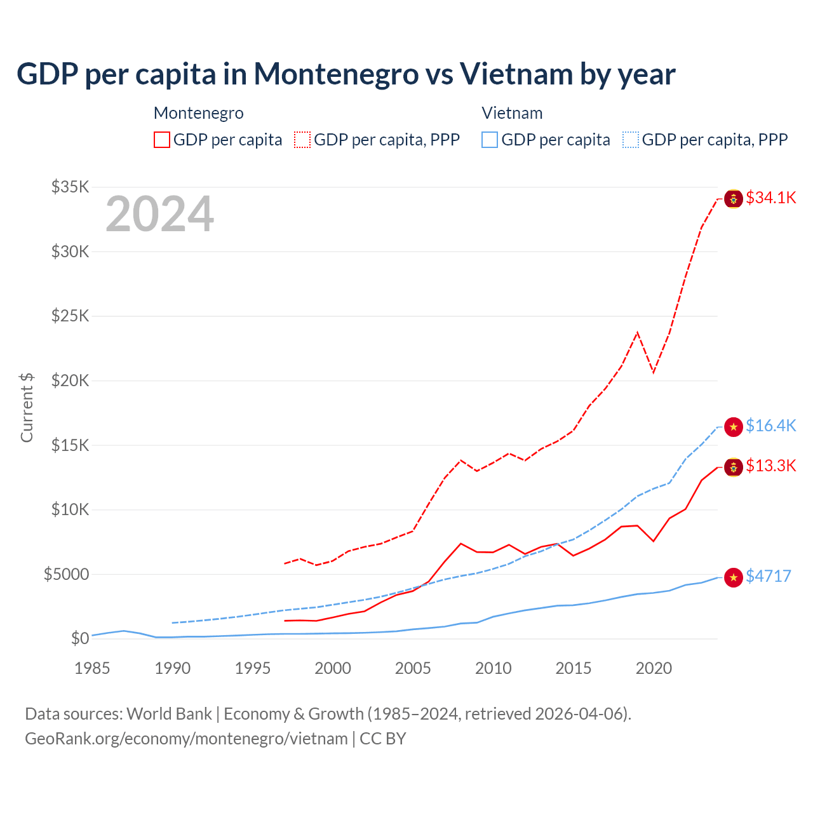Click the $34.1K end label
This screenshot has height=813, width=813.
coord(770,198)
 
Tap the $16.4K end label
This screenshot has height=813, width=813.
coord(770,426)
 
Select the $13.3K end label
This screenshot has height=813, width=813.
coord(770,466)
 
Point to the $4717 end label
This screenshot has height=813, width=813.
coord(768,576)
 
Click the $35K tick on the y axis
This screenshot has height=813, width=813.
coord(70,187)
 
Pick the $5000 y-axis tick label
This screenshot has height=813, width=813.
coord(66,574)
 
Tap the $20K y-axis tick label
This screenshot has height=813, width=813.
coord(70,380)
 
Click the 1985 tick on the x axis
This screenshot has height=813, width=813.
coord(92,668)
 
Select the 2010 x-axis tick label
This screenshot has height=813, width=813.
coord(493,668)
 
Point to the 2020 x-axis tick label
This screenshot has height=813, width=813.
coord(654,668)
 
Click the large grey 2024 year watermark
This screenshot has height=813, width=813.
coord(159,215)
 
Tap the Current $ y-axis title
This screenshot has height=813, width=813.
coord(27,407)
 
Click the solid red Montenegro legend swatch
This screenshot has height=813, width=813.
coord(162,140)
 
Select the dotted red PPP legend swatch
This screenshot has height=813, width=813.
coord(302,140)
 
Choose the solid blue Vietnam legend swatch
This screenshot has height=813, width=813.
coord(490,140)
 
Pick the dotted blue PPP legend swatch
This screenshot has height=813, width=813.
coord(631,140)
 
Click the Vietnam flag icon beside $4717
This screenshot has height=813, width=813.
coord(734,577)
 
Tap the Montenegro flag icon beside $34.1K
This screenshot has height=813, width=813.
coord(734,199)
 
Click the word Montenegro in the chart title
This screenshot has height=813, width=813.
coord(337,74)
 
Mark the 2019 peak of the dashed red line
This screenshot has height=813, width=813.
coord(637,332)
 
